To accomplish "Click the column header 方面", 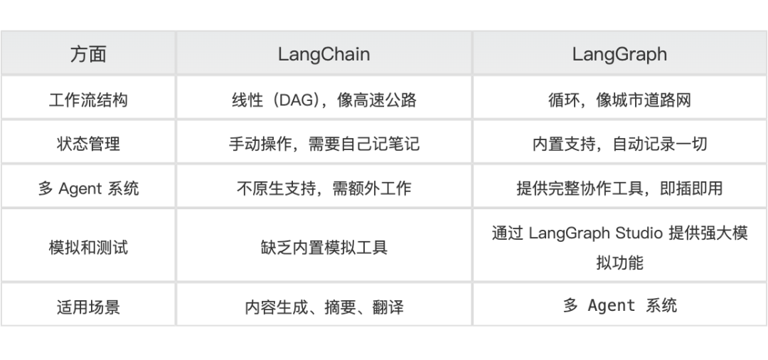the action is pos(88,55).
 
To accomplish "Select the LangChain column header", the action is pos(324,55).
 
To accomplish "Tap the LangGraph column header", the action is pos(619,55).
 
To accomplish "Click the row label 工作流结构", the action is pos(88,99).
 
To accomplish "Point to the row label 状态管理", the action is pos(88,143).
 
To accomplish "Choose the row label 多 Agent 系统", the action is pos(88,188).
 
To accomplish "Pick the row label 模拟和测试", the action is pos(88,248).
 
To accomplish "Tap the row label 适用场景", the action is pos(88,307).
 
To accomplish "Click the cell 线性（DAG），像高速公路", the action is pos(324,99).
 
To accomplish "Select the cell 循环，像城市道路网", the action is pos(619,99).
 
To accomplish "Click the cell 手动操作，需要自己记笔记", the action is pos(324,143).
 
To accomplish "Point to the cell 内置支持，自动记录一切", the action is pos(619,143).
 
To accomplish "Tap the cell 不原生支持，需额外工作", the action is pos(324,188).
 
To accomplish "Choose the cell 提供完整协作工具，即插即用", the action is pos(619,188).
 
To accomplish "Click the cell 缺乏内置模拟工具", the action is pos(324,248).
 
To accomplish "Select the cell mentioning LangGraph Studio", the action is pos(619,248).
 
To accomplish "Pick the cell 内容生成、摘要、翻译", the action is pos(324,307).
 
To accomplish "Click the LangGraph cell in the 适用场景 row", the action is pos(619,306).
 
